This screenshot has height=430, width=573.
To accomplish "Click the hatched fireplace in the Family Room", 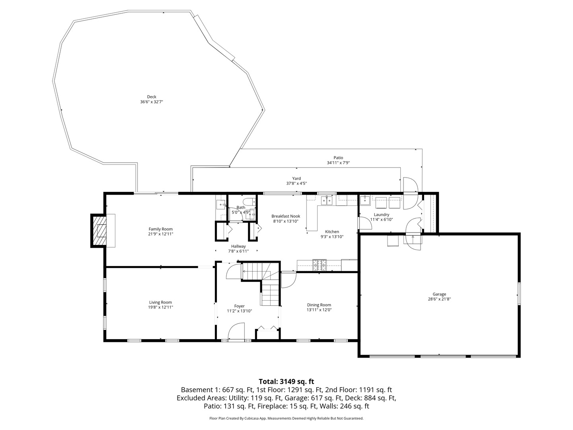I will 99,231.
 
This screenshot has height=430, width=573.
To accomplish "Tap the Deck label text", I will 151,97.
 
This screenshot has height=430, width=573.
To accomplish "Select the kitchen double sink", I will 327,200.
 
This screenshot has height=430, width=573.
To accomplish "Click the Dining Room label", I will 319,305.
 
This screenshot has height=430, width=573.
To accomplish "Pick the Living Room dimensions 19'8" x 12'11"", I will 161,307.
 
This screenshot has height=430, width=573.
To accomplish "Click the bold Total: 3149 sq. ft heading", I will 286,381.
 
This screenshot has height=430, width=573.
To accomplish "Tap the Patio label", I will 338,158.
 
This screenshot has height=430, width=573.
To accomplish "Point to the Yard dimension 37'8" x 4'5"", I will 296,184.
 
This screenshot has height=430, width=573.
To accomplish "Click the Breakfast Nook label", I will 286,216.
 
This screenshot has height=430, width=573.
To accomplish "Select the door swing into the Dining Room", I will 288,280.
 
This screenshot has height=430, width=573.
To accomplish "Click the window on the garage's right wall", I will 519,294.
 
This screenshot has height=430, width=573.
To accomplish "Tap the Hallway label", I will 238,246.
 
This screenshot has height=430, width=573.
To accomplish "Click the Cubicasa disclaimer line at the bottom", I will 286,418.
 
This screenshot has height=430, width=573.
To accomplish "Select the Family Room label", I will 160,229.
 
